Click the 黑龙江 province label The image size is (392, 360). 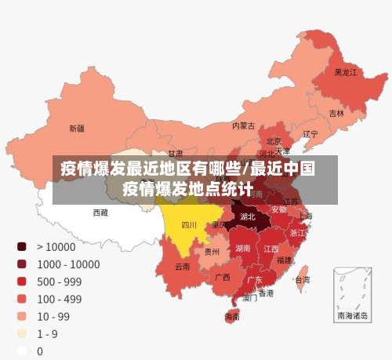pos(346,72)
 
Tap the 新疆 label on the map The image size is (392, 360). pos(77,128)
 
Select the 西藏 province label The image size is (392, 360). pos(100,213)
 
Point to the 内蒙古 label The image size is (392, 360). pos(243,125)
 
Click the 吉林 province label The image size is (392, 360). pos(336,113)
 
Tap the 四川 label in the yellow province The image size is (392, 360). pos(189,224)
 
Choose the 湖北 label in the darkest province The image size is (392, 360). pos(248,216)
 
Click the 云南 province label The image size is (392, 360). pos(182,267)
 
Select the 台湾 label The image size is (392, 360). pos(301,279)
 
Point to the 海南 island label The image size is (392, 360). pos(233,318)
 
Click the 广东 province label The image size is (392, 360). pos(255,279)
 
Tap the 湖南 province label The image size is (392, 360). pos(243,248)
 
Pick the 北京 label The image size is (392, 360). pos(274,141)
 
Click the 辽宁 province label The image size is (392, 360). pos(310,134)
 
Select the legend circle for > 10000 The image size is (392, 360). pos(22,246)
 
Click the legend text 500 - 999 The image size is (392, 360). pos(60,282)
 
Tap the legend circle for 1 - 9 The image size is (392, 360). pos(22,334)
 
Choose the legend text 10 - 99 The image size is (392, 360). pos(53,317)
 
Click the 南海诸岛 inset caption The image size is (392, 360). pos(352,316)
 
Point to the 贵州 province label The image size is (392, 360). pos(212,252)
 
